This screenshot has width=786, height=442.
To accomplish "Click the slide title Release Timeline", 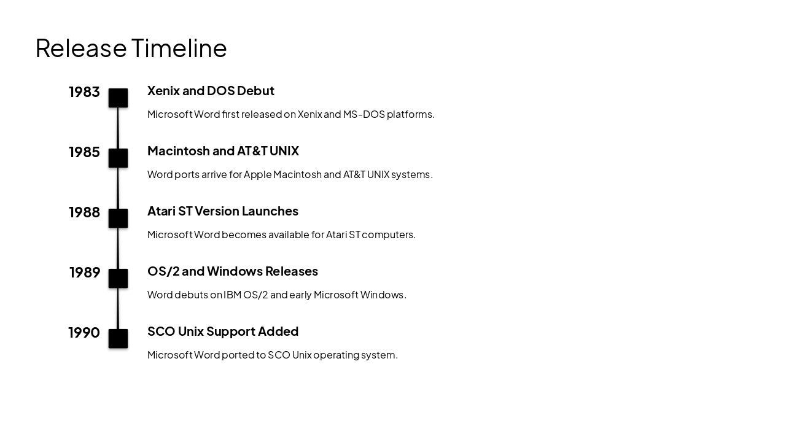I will [131, 48].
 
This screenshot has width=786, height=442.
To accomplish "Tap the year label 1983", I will [84, 92].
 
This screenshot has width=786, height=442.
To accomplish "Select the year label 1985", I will [84, 152].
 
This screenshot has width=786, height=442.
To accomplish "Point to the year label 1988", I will [84, 212].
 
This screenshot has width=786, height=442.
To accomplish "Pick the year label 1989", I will [85, 273].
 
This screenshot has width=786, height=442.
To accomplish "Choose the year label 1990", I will [84, 333].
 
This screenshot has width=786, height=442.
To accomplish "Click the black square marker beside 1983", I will [118, 98].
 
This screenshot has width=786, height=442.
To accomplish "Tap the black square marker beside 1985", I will [118, 158].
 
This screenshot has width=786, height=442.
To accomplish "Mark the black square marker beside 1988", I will [118, 219].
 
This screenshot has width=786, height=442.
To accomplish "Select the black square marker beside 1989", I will [118, 279].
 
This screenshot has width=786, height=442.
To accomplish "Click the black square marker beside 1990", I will [118, 339].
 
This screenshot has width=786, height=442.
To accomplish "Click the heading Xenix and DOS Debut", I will [211, 91].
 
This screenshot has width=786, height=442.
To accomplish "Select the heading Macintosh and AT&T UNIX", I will [223, 151].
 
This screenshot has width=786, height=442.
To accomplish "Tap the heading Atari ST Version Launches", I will [222, 211].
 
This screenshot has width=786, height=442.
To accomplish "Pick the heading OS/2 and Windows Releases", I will [232, 271].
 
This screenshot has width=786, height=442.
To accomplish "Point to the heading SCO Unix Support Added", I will [222, 331].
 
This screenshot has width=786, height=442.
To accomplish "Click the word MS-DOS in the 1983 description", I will [363, 114].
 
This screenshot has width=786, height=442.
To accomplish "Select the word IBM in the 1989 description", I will [232, 295].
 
